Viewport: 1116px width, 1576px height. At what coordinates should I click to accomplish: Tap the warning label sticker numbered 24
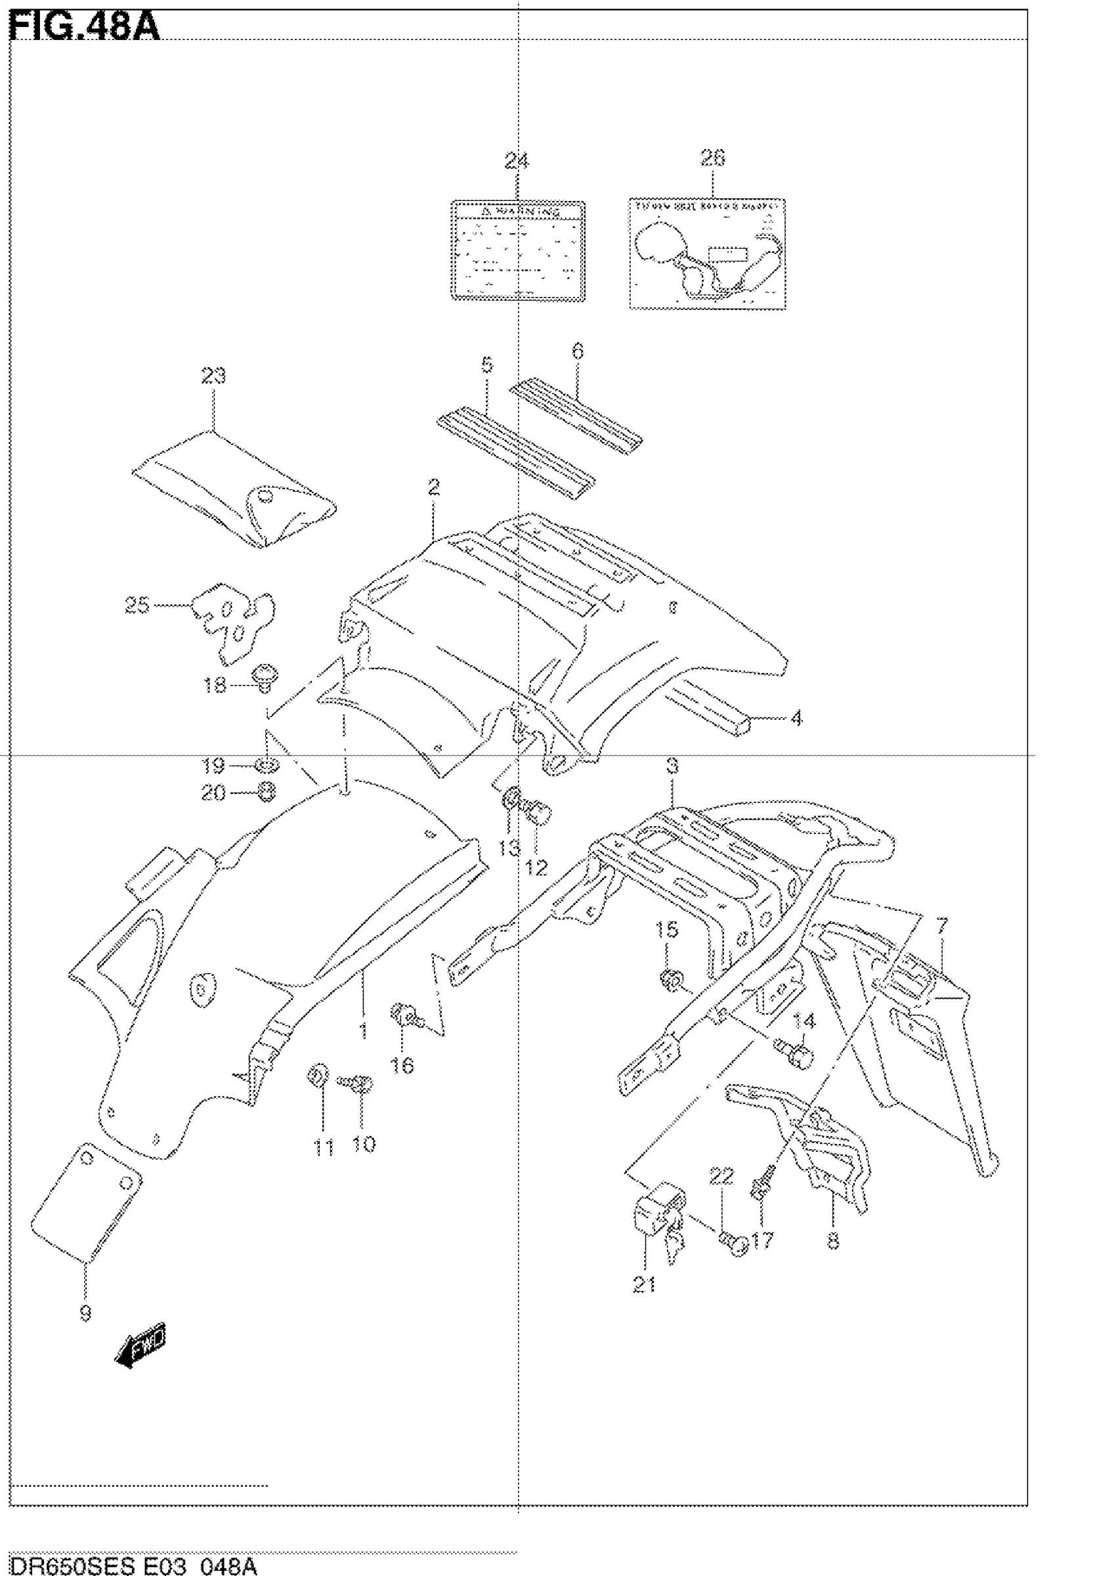click(x=517, y=251)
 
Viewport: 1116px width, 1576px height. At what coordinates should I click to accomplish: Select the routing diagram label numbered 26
click(x=707, y=253)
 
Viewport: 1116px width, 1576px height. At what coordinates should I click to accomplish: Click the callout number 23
click(x=213, y=376)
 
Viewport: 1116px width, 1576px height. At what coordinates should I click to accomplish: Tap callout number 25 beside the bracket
click(x=137, y=605)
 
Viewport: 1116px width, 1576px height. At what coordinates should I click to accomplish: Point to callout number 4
click(x=796, y=718)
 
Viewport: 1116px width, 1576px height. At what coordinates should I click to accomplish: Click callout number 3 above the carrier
click(x=672, y=765)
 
